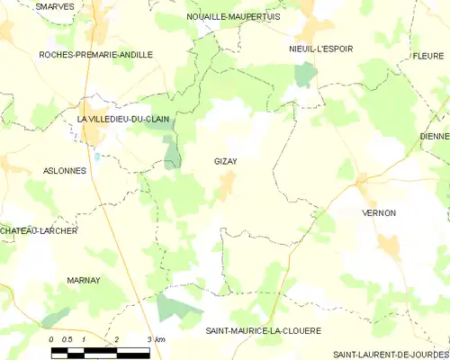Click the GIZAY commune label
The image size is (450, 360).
225,161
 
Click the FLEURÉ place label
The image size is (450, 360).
429,55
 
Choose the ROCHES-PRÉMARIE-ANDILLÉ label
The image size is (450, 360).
95,55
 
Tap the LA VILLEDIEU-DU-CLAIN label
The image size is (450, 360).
123,119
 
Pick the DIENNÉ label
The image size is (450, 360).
435,137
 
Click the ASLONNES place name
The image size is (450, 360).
65,170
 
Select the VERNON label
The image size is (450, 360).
378,213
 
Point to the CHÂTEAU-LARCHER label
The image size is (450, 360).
39,231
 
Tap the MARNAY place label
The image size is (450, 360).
84,281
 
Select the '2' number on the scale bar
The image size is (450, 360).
117,338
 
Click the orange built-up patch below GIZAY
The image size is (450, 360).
228,184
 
